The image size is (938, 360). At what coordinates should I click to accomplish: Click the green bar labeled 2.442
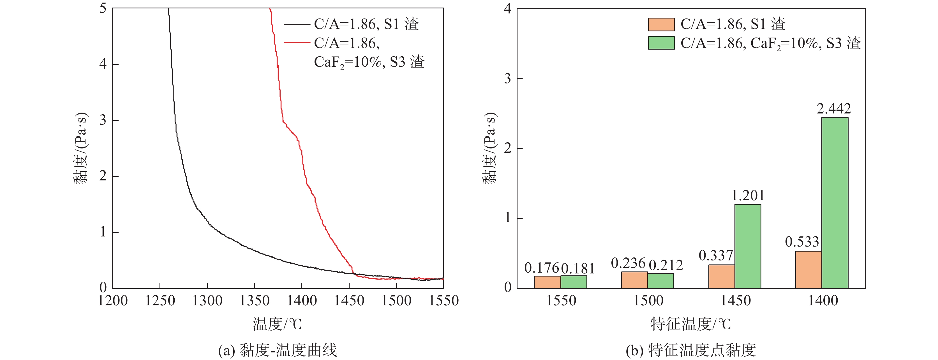(835, 203)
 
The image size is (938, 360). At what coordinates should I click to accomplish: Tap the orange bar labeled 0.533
(808, 270)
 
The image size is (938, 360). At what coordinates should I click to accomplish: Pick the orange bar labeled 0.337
(721, 277)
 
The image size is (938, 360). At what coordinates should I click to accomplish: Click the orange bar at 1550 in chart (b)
(547, 282)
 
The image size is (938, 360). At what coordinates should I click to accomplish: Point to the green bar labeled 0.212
(660, 281)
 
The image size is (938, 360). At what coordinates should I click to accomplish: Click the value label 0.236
(628, 263)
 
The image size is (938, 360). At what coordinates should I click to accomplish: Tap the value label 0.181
(578, 269)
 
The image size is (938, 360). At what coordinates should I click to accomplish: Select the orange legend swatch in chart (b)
(661, 24)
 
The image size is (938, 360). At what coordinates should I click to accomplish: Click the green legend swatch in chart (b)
(661, 43)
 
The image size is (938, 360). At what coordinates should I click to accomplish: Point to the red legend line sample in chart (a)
(297, 43)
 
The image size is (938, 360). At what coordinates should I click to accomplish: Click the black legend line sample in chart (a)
(297, 24)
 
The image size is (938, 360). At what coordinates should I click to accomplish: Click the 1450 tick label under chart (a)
(349, 301)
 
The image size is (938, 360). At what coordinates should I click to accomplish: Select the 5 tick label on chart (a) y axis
(103, 8)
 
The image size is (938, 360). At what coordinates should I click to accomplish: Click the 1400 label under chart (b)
(823, 301)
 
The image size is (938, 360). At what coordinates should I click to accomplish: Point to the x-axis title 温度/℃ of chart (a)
(278, 324)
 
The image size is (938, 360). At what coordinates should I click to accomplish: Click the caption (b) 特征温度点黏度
(691, 350)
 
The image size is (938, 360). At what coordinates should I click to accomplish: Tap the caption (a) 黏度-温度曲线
(278, 350)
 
